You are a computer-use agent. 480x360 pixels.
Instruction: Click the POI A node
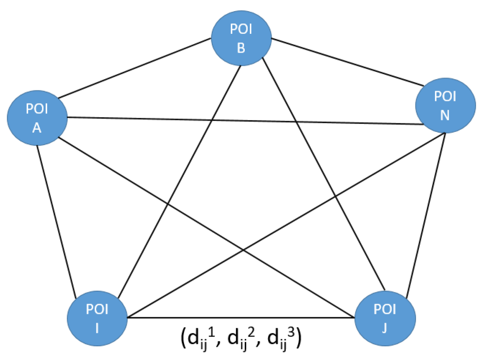(37, 117)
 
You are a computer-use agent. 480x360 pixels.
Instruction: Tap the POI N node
(445, 105)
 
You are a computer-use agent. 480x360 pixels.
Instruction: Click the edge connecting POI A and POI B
(135, 69)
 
